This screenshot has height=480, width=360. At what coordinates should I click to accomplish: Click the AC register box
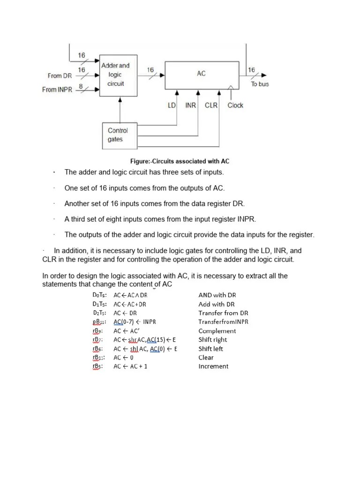coord(201,74)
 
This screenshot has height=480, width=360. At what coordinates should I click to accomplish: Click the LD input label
coord(172,105)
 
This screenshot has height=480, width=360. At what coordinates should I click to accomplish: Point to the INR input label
coord(190,105)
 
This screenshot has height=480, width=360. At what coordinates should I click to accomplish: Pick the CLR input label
coord(211,105)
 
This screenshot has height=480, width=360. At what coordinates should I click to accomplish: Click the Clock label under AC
coord(235,105)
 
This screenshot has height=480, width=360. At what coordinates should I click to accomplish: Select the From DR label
coord(60,75)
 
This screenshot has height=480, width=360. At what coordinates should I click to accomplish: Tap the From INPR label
coord(57,90)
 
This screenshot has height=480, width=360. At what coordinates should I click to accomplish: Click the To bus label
coord(260,84)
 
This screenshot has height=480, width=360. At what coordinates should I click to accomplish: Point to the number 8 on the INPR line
coord(81,86)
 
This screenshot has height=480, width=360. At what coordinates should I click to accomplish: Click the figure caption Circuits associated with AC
coord(180,161)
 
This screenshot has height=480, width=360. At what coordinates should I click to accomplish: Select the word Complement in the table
coord(217,331)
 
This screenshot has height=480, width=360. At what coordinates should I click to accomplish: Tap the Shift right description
coord(213,340)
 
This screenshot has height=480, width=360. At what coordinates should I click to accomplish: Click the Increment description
coord(213,367)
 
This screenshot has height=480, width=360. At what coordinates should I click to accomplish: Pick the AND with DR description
coord(217,295)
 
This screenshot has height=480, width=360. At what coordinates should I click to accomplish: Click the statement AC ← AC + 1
coord(130,367)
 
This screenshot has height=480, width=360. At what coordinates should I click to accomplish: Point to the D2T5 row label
coord(100,313)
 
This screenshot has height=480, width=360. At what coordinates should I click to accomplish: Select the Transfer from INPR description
coord(223,322)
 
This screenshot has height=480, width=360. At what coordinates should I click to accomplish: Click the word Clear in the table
coord(206,358)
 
